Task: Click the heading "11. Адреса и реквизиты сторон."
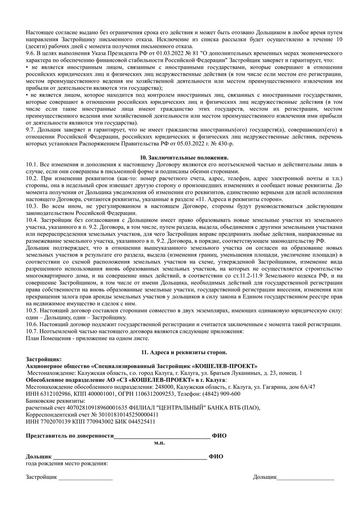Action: click(x=184, y=352)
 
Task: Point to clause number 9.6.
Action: click(x=31, y=53)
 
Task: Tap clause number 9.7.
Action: click(x=31, y=129)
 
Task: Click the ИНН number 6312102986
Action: click(x=53, y=394)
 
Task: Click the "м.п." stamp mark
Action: click(x=159, y=442)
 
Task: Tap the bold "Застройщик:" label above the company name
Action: click(x=44, y=359)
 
